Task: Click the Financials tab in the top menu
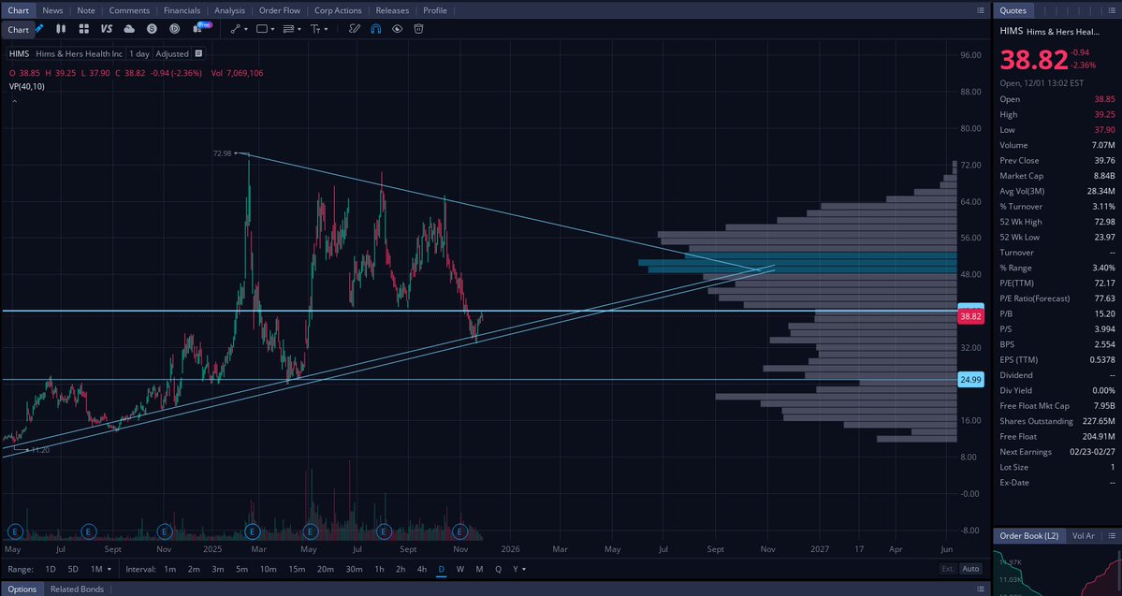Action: tap(182, 10)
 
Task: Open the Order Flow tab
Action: tap(280, 10)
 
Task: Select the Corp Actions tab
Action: tap(338, 10)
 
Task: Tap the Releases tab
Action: tap(392, 10)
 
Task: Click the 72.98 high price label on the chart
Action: tap(223, 153)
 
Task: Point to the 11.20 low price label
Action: tap(39, 450)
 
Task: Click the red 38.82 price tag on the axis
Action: tap(970, 317)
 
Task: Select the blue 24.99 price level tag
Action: tap(970, 379)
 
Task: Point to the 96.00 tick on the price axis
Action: tap(969, 55)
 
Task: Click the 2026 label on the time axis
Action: tap(510, 550)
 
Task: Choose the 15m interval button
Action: tap(296, 569)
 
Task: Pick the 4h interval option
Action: tap(422, 569)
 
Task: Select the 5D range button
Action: tap(73, 569)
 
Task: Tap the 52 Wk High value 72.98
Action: tap(1104, 222)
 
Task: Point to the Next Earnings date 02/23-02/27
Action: tap(1088, 451)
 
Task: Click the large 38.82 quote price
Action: tap(1034, 60)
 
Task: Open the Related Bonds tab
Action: tap(77, 589)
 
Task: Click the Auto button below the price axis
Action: tap(970, 569)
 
